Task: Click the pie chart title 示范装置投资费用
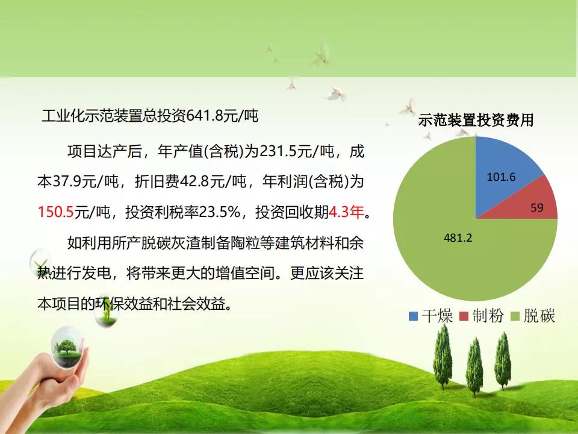click(x=476, y=120)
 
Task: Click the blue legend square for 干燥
click(x=413, y=316)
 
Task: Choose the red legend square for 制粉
click(x=464, y=316)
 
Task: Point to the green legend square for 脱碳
click(x=515, y=316)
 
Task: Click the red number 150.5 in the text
click(x=56, y=212)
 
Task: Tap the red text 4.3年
click(x=346, y=212)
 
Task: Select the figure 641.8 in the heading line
click(x=205, y=116)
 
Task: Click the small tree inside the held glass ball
click(x=66, y=348)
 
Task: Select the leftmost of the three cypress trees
click(x=443, y=356)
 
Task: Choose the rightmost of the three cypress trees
click(x=502, y=360)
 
